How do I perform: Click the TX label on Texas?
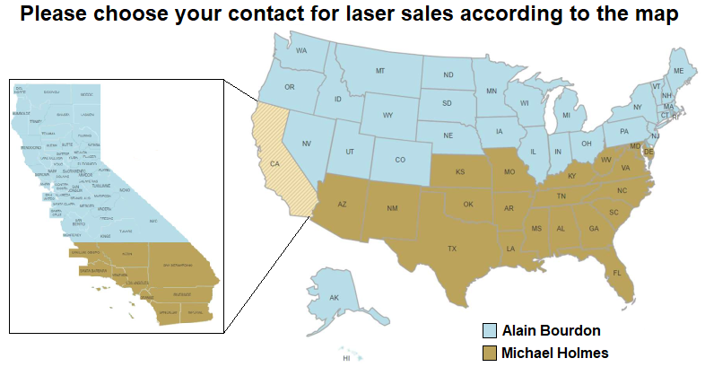pyautogui.click(x=452, y=249)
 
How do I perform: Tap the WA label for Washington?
pyautogui.click(x=302, y=50)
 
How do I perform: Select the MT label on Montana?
pyautogui.click(x=379, y=70)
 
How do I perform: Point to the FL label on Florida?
pyautogui.click(x=617, y=273)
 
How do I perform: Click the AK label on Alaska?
pyautogui.click(x=334, y=298)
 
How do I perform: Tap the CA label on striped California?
pyautogui.click(x=275, y=163)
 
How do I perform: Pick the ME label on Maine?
pyautogui.click(x=678, y=71)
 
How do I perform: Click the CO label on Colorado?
pyautogui.click(x=399, y=160)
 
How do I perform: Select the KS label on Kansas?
pyautogui.click(x=459, y=171)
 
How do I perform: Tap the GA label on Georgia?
pyautogui.click(x=594, y=229)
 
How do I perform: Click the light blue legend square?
pyautogui.click(x=490, y=330)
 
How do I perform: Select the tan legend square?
pyautogui.click(x=490, y=352)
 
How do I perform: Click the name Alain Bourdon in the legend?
pyautogui.click(x=551, y=330)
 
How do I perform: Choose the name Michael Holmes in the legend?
pyautogui.click(x=555, y=352)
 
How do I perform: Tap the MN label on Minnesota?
pyautogui.click(x=492, y=91)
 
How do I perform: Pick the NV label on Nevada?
pyautogui.click(x=306, y=144)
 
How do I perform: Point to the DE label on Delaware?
pyautogui.click(x=648, y=153)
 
